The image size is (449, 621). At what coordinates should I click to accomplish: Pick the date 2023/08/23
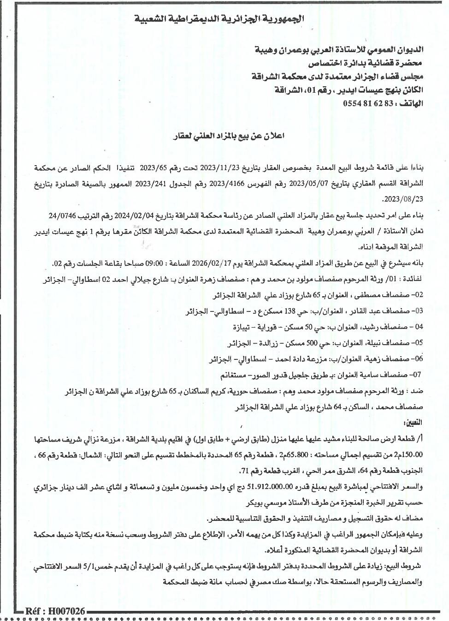[x=403, y=199]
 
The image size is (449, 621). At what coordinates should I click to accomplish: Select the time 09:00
[x=155, y=263]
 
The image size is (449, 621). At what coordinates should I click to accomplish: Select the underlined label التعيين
[x=412, y=423]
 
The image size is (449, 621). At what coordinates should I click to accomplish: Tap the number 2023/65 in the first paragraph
[x=156, y=167]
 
